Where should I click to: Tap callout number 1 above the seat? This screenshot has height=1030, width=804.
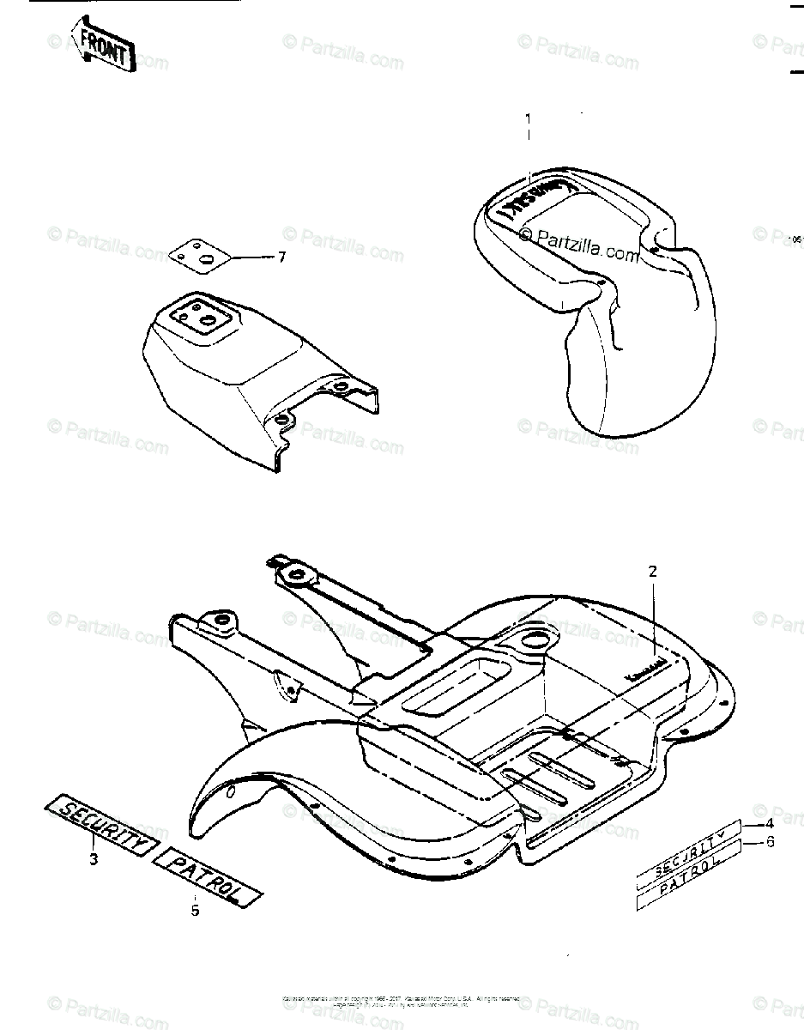[x=529, y=118]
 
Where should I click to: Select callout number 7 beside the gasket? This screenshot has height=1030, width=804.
[x=281, y=257]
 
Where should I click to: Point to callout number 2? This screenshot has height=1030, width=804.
[x=652, y=571]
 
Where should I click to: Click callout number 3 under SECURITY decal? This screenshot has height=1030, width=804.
[x=93, y=859]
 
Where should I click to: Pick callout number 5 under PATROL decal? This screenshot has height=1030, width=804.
[x=195, y=910]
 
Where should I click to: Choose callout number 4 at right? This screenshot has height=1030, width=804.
[x=770, y=824]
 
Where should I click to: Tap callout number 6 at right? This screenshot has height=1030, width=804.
[x=770, y=842]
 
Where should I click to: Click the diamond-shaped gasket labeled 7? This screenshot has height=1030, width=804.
[x=201, y=254]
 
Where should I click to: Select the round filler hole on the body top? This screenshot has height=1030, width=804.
[x=533, y=638]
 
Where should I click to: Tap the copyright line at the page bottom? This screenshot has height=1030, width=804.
[x=402, y=1001]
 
